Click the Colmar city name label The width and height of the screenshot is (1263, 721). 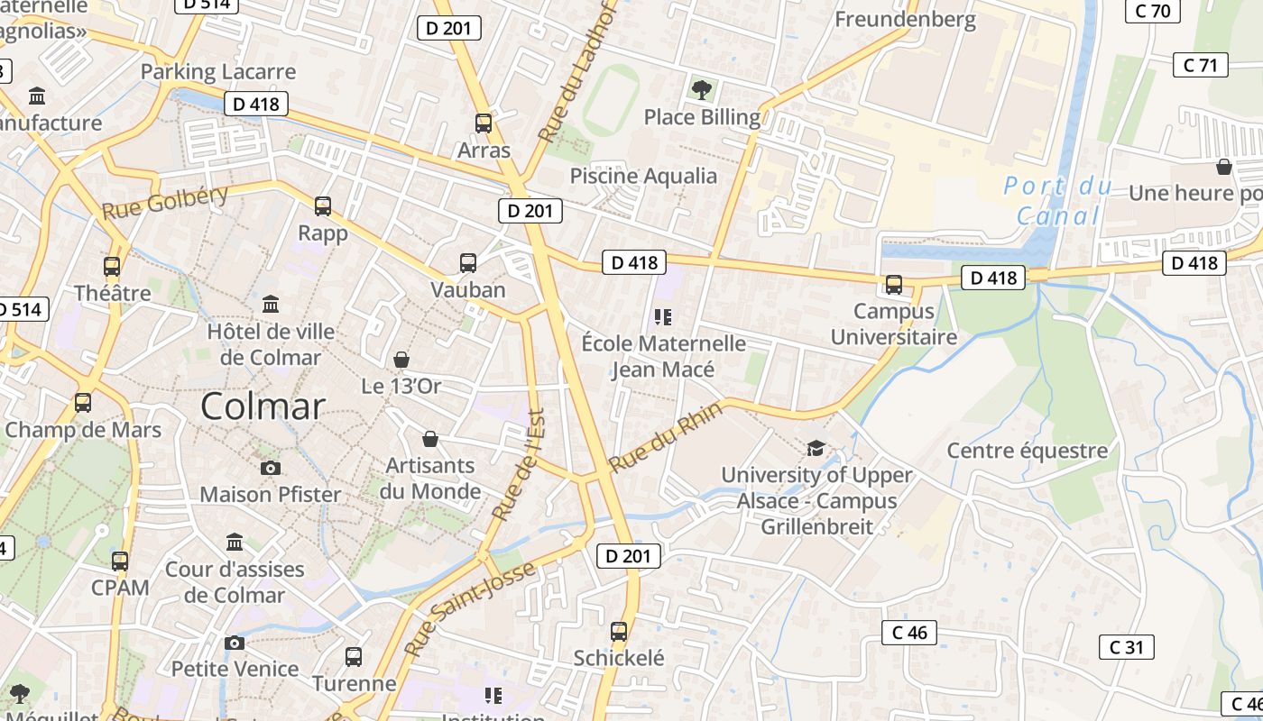click(263, 406)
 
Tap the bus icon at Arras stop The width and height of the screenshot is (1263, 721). click(484, 123)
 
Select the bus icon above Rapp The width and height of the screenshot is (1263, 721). click(323, 206)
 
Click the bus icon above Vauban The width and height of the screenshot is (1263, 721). click(468, 263)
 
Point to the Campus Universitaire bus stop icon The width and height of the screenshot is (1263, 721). click(894, 285)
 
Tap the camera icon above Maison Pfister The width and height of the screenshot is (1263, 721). click(270, 468)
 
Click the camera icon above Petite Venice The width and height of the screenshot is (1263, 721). click(235, 643)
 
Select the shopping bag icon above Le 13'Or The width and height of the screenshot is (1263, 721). click(401, 360)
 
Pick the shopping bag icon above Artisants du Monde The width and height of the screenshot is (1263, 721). click(430, 439)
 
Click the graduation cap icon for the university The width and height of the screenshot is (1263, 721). click(816, 448)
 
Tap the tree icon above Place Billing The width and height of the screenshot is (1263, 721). click(702, 89)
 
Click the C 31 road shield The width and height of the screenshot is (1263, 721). click(1127, 646)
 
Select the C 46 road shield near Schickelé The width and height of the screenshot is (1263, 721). click(909, 633)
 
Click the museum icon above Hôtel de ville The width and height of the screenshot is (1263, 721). click(271, 304)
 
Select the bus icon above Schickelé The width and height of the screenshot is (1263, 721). click(619, 631)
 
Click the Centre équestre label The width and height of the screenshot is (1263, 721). click(1027, 451)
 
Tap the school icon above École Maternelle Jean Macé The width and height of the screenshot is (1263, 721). click(664, 316)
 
